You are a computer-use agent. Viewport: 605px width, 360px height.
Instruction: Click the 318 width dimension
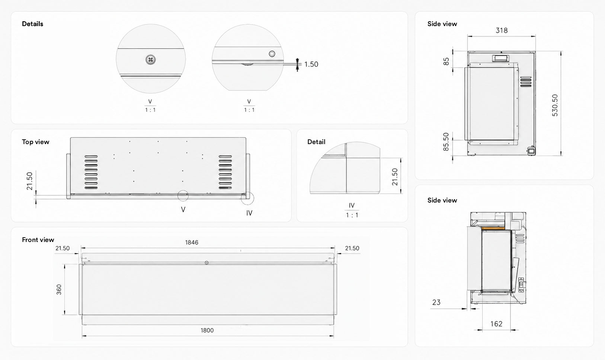[x=502, y=31]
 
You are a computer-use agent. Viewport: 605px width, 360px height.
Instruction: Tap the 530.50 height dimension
[x=555, y=105]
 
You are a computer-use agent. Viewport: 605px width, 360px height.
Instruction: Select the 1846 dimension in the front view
[x=192, y=242]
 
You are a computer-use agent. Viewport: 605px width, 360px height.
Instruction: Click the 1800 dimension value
[x=207, y=330]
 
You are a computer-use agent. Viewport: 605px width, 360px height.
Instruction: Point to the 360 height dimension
[x=59, y=290]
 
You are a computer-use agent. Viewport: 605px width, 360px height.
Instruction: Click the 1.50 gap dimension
[x=311, y=64]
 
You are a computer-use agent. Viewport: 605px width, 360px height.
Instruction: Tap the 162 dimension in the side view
[x=496, y=324]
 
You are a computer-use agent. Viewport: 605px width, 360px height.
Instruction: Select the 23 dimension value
[x=436, y=302]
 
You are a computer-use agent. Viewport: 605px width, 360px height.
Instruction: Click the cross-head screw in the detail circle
[x=150, y=60]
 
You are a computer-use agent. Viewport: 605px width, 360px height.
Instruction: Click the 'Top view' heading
[x=36, y=142]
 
